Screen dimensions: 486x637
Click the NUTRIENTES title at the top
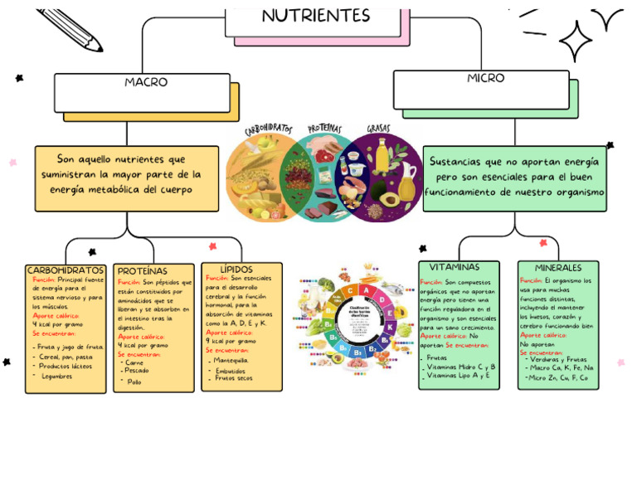(316, 16)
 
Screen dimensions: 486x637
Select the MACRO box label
(146, 82)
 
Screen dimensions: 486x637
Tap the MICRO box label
(485, 78)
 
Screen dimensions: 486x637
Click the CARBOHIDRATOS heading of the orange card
(66, 270)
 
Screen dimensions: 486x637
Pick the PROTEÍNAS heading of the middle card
(142, 271)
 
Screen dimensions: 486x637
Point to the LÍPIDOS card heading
(236, 270)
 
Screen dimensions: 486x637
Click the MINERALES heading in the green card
(558, 268)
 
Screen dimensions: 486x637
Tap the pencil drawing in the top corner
(70, 27)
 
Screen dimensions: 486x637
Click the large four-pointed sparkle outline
(576, 40)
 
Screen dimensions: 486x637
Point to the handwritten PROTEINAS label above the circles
(324, 129)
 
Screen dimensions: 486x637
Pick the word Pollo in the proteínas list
(134, 382)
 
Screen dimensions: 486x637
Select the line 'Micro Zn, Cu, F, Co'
(558, 378)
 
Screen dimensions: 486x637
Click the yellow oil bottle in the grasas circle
(381, 156)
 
